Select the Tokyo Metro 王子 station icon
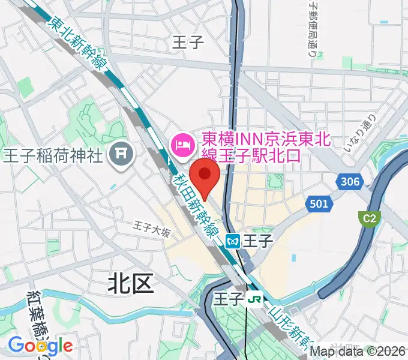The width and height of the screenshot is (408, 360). coord(233,241)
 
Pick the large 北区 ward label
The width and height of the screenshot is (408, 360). coord(131,283)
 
